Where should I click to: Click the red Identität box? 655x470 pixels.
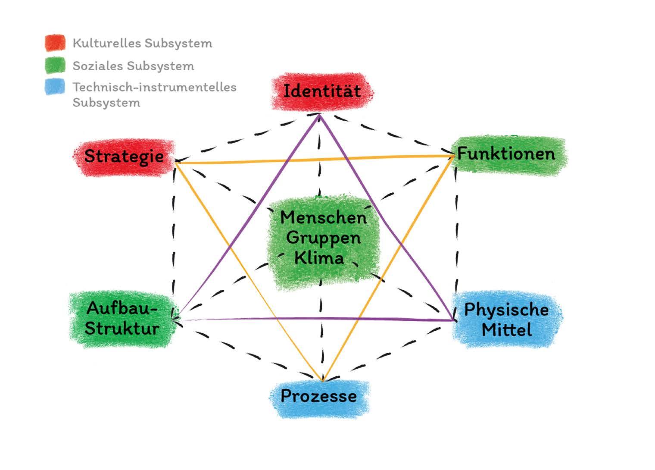[x=322, y=91]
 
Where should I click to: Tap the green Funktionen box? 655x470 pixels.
[x=506, y=154]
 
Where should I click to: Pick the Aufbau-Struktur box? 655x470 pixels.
[x=122, y=319]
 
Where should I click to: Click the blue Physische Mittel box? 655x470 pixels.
[x=506, y=320]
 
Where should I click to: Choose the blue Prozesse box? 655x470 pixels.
[x=319, y=396]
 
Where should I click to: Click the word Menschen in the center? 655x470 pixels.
[x=323, y=217]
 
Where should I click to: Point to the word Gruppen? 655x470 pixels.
[x=323, y=238]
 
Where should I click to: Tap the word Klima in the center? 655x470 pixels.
[x=319, y=258]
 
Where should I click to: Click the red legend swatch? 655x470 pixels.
[x=55, y=43]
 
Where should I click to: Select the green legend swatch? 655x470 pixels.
[x=55, y=66]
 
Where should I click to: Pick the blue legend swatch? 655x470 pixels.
[x=55, y=87]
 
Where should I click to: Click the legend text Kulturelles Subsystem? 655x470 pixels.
[x=142, y=43]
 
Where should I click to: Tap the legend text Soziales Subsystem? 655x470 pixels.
[x=133, y=66]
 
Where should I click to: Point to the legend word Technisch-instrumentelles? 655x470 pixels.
[x=154, y=87]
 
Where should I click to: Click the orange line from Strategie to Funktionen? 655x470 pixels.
[x=315, y=159]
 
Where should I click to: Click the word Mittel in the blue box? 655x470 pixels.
[x=506, y=330]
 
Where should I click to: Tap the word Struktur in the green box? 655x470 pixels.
[x=122, y=329]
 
